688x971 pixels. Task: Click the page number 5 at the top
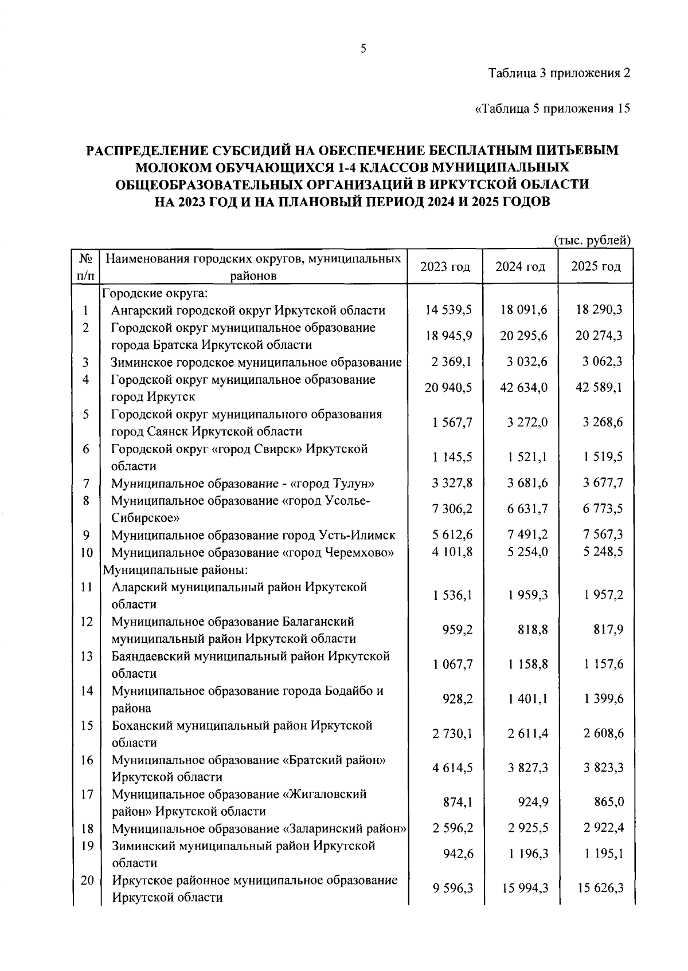[x=363, y=49]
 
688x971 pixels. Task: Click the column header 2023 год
[x=445, y=267]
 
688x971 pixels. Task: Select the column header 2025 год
[x=596, y=267]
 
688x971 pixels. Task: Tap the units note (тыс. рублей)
[x=592, y=241]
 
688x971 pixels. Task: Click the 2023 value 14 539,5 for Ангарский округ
[x=448, y=310]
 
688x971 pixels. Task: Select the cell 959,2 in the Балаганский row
[x=458, y=630]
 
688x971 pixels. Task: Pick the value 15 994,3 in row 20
[x=523, y=889]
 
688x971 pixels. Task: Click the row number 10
[x=85, y=553]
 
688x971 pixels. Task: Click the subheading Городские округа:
[x=155, y=294]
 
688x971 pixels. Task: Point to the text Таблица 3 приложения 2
[x=559, y=73]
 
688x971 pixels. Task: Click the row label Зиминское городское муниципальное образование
[x=256, y=362]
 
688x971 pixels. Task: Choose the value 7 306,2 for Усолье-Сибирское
[x=448, y=509]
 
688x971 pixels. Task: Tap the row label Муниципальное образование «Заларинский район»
[x=259, y=829]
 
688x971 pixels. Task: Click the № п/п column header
[x=85, y=267]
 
